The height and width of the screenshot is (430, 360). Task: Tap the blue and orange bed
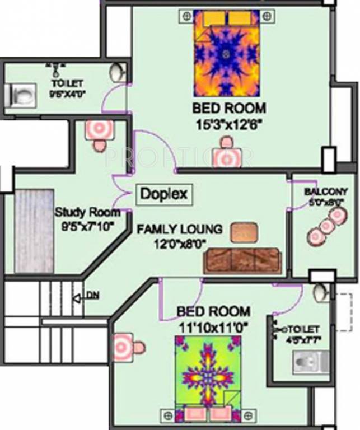(226, 54)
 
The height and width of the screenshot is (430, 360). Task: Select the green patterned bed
(203, 372)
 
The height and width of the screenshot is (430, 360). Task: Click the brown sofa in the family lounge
(242, 261)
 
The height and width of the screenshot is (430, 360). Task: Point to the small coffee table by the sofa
(244, 231)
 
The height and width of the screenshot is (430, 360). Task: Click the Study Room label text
(87, 213)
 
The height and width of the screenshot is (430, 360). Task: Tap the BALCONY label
(326, 191)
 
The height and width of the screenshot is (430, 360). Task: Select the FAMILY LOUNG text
(180, 229)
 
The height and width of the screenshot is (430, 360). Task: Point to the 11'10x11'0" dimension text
(213, 325)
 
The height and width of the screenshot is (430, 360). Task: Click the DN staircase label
(92, 296)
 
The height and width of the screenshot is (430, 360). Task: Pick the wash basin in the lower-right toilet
(320, 293)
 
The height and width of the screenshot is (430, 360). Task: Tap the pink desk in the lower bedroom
(123, 346)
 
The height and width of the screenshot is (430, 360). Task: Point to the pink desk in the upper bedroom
(226, 157)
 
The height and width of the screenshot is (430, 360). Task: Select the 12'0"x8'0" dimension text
(180, 243)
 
